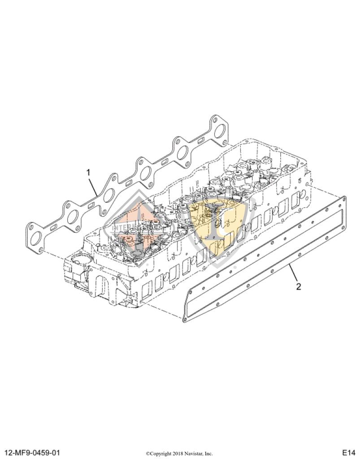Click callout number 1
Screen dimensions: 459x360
tap(88, 172)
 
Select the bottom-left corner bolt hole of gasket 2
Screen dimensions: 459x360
tap(184, 319)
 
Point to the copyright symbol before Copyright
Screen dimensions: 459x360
tap(147, 453)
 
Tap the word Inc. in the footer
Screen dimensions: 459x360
tap(208, 453)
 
